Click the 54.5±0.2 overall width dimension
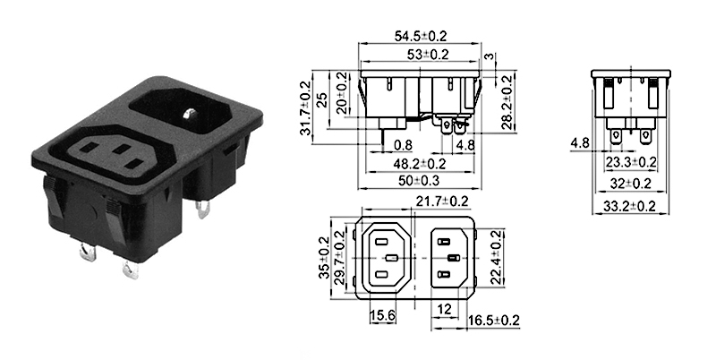[x=421, y=37]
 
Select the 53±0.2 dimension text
[x=421, y=55]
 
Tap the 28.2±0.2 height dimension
[x=507, y=101]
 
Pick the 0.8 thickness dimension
[x=401, y=145]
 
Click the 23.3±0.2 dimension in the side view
[x=632, y=162]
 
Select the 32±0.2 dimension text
[x=633, y=184]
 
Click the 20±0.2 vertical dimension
[x=342, y=94]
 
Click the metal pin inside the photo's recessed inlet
[x=190, y=114]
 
